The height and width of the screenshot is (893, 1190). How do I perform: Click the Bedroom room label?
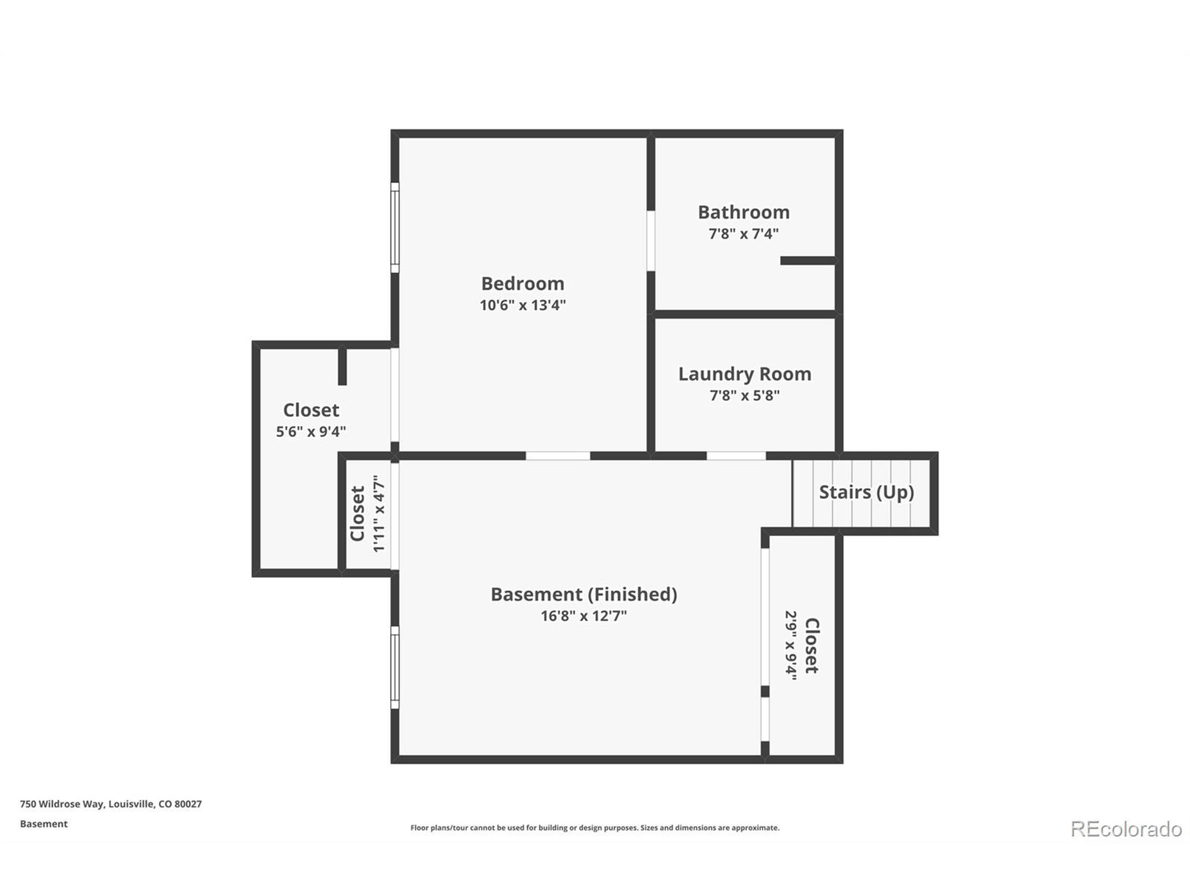522,284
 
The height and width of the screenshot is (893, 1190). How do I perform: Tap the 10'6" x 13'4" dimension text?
522,305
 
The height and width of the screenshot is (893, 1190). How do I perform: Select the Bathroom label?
743,212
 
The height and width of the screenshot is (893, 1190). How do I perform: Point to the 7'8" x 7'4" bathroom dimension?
743,233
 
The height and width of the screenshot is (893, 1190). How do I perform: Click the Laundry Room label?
745,374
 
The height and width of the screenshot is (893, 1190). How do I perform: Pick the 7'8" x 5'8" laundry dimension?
745,396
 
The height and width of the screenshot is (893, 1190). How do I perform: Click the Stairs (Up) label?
866,492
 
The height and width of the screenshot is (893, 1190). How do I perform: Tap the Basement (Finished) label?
584,594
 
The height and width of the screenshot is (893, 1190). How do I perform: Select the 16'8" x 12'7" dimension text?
584,616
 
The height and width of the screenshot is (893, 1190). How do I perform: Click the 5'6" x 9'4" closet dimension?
311,432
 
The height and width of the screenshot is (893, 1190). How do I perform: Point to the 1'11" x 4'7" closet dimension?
379,513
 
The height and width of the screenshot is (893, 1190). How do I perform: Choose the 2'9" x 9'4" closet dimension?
790,646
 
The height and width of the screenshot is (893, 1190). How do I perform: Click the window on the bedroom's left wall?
395,228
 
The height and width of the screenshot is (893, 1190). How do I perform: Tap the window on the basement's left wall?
395,667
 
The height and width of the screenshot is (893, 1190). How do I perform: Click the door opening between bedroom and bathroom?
650,240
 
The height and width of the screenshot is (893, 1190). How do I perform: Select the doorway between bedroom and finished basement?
557,456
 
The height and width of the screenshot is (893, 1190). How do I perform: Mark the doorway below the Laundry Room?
735,456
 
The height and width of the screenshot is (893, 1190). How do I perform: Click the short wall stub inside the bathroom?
808,260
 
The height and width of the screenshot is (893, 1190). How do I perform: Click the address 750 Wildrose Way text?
111,804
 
